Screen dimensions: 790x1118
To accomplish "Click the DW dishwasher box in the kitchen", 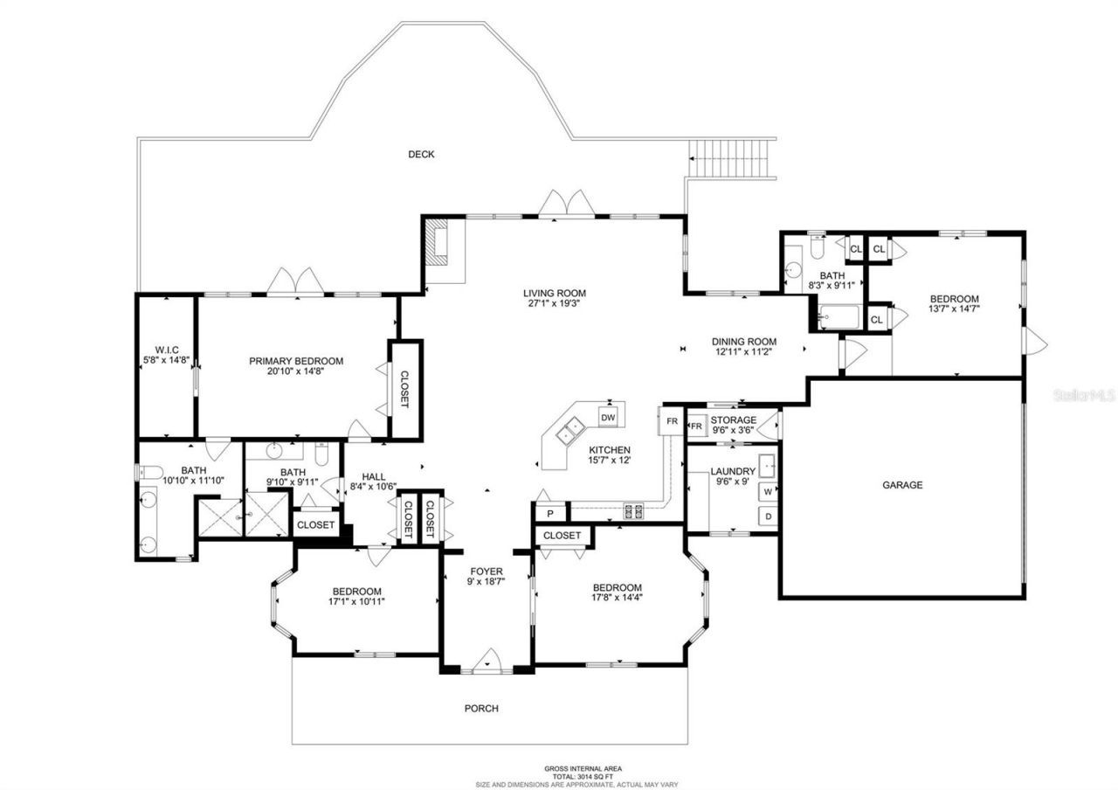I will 609,417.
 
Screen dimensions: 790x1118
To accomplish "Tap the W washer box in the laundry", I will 768,491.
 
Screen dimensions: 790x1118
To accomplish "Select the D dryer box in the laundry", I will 768,516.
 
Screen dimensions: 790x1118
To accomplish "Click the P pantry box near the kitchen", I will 550,513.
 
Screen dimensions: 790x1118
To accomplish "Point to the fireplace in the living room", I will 436,242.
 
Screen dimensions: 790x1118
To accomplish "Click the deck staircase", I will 732,158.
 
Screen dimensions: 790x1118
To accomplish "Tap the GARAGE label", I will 901,485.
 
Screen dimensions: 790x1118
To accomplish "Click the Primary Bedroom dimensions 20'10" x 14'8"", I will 296,371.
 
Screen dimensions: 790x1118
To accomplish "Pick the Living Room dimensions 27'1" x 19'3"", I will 554,304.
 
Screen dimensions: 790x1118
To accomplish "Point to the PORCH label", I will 481,708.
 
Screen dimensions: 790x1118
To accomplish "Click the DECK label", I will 421,155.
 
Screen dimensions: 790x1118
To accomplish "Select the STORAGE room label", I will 733,420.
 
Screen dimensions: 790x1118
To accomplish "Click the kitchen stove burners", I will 633,510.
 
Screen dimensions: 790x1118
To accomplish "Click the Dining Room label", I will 743,342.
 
